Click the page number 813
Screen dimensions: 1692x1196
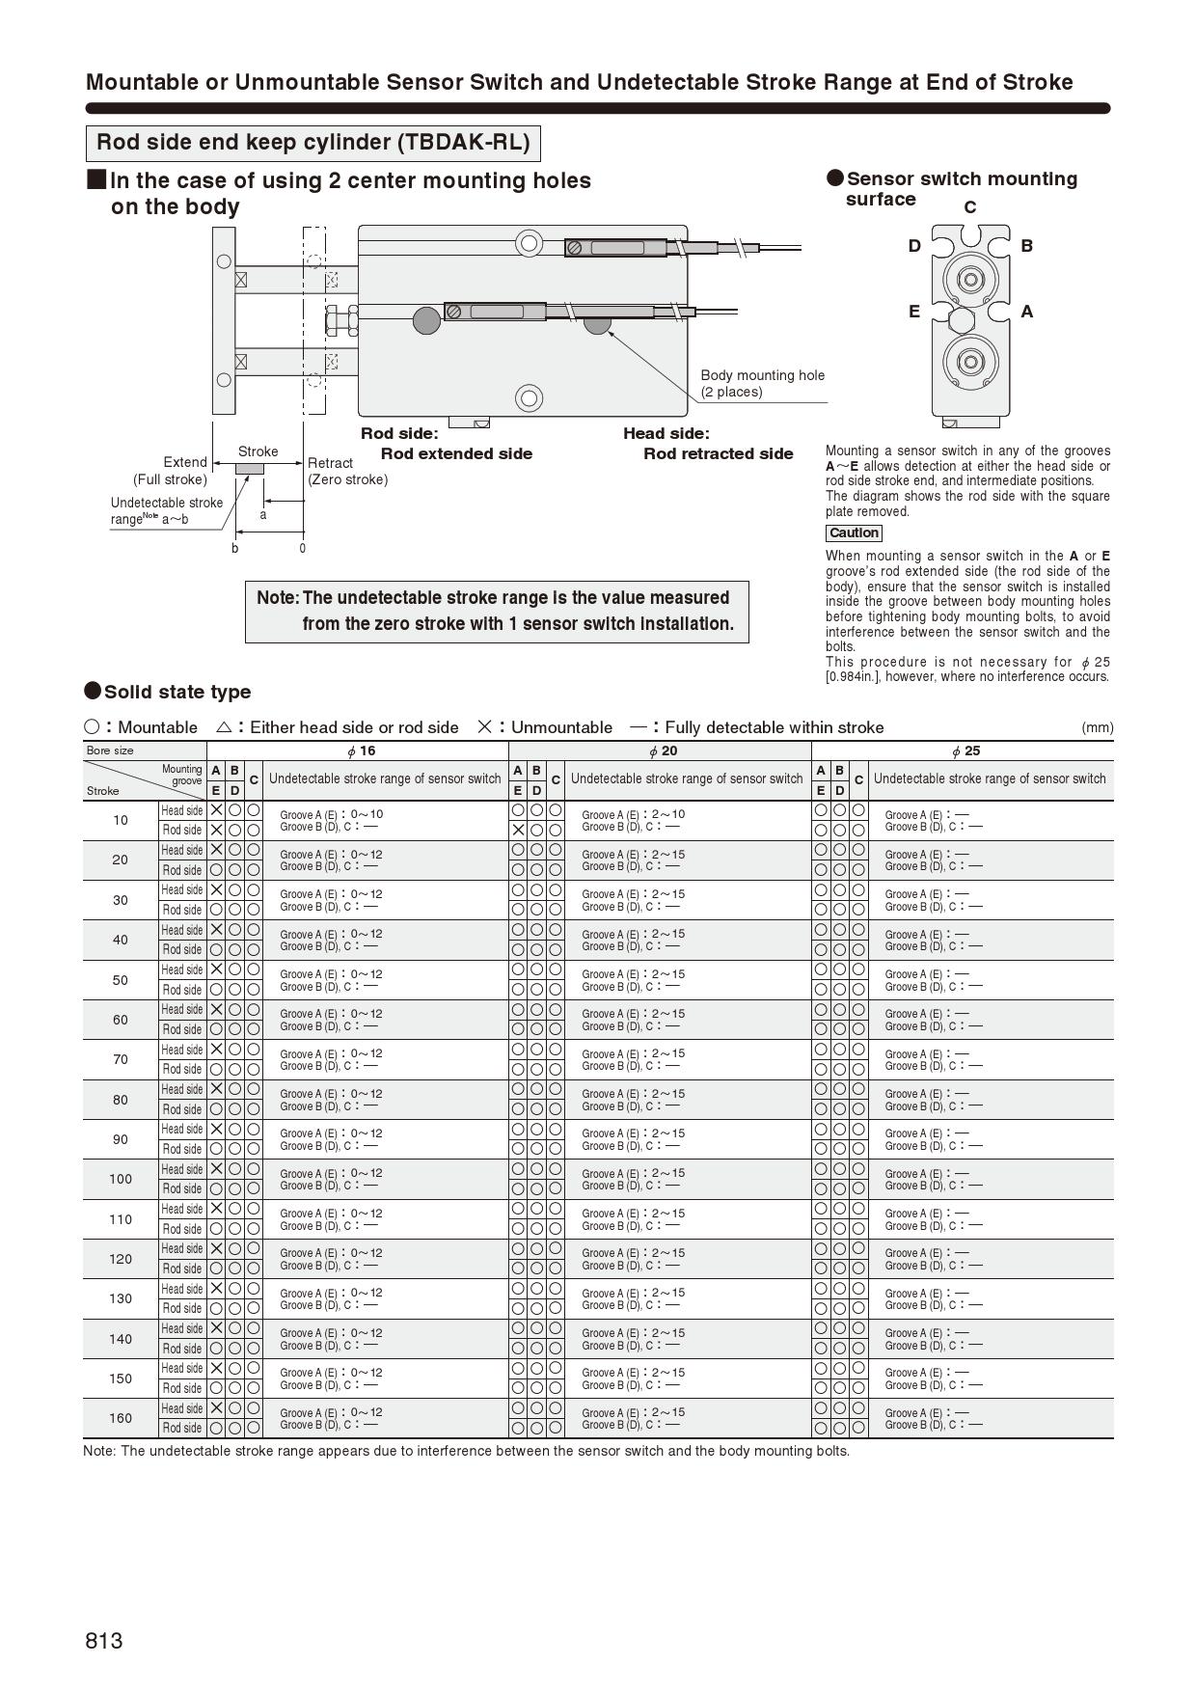(x=104, y=1641)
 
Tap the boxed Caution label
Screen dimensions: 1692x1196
(x=854, y=533)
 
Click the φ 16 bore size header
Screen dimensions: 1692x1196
(x=361, y=751)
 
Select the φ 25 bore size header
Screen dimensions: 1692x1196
(x=965, y=751)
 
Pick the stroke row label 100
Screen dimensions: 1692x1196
(x=121, y=1179)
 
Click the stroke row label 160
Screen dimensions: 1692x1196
(x=121, y=1418)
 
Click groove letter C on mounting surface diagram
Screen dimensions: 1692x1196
(x=970, y=207)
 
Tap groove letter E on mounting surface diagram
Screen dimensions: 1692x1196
(x=914, y=312)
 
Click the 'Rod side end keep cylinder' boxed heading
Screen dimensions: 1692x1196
(x=313, y=143)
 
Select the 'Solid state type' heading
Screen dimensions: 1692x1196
(x=177, y=692)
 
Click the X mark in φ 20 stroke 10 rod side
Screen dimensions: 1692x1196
(x=518, y=830)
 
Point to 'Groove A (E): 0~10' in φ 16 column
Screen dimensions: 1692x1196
(x=331, y=814)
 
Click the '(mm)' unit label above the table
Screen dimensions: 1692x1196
(x=1097, y=727)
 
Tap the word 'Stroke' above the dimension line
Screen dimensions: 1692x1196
(x=258, y=451)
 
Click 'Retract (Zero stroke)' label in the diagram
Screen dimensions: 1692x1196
(x=347, y=471)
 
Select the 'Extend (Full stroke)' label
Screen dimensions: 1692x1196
(x=171, y=471)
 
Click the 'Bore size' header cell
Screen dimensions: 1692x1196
(x=110, y=750)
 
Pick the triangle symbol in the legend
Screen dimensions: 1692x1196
(x=224, y=727)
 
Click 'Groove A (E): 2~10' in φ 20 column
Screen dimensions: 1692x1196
(x=633, y=814)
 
